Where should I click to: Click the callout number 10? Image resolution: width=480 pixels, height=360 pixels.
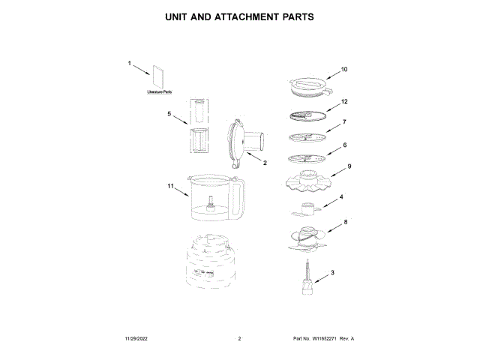(x=344, y=70)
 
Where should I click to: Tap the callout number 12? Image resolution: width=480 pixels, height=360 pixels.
(x=344, y=101)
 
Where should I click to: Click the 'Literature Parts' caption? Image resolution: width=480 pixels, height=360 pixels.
(x=159, y=92)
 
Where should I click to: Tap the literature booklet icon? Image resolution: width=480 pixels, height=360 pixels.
(x=158, y=76)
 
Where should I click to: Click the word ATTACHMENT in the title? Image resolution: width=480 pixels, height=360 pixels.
(x=253, y=16)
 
